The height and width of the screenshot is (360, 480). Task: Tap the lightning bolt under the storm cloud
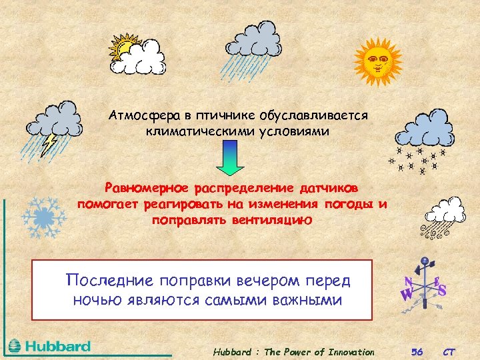(x=49, y=141)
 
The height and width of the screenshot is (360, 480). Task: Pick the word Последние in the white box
(x=110, y=280)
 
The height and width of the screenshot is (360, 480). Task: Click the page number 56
(x=417, y=352)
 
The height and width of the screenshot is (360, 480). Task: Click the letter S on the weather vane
(x=441, y=289)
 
